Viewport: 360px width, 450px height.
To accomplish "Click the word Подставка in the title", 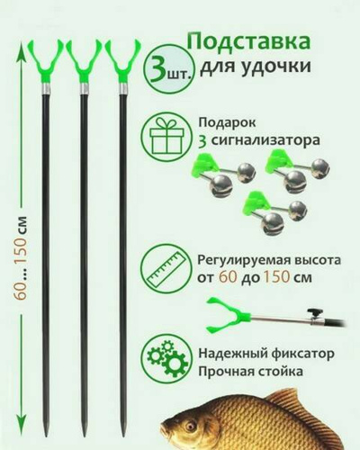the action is click(x=248, y=41).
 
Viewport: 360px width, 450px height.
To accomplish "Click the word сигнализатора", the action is click(x=265, y=140).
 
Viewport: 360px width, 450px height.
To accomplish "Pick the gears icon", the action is click(x=166, y=359).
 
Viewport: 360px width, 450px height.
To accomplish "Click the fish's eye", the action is click(x=189, y=426).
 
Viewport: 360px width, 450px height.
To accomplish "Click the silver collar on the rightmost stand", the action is click(x=123, y=88).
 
